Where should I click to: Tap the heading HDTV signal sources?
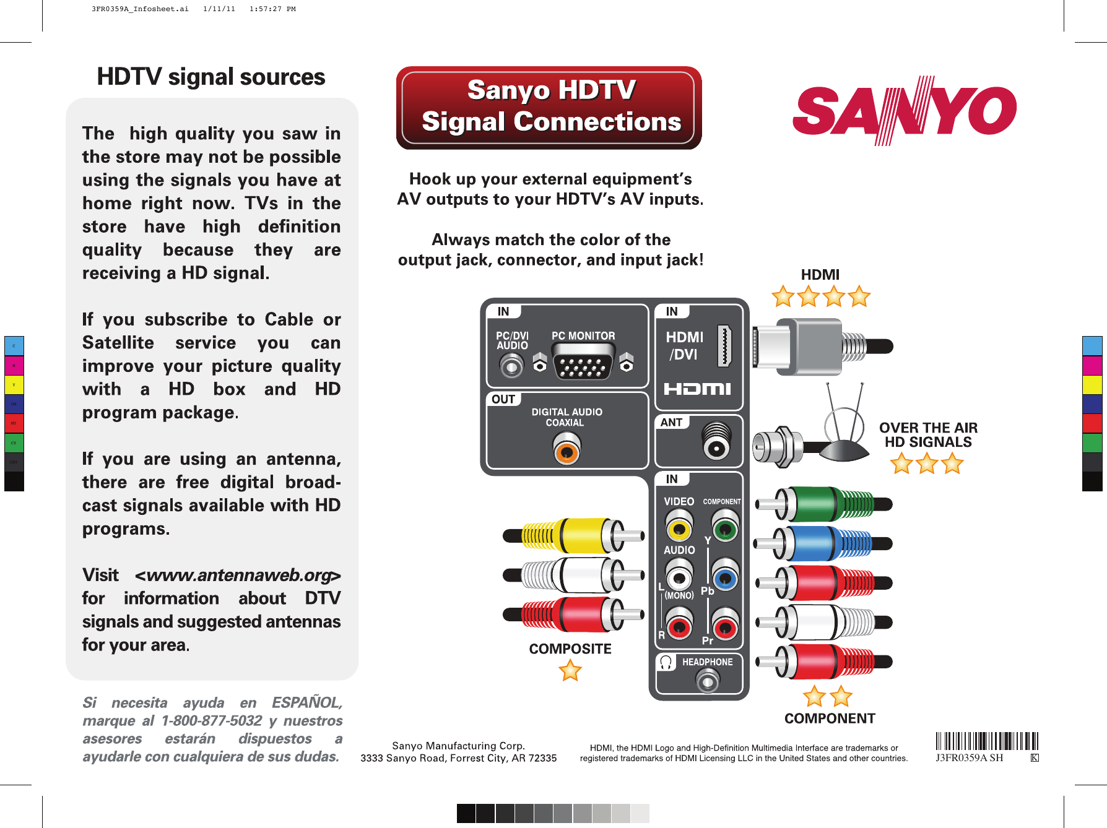pyautogui.click(x=211, y=77)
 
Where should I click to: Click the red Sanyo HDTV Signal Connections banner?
pyautogui.click(x=549, y=108)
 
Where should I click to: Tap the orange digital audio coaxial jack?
pyautogui.click(x=566, y=451)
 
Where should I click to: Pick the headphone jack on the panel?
pyautogui.click(x=707, y=681)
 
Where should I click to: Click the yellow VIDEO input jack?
pyautogui.click(x=679, y=529)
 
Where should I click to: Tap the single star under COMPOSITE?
pyautogui.click(x=570, y=670)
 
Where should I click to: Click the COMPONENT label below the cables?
pyautogui.click(x=830, y=718)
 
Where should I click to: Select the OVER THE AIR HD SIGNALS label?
pyautogui.click(x=928, y=435)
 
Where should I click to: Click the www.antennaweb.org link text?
pyautogui.click(x=238, y=575)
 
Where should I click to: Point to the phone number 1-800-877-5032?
pyautogui.click(x=212, y=721)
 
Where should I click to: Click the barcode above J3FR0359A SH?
pyautogui.click(x=986, y=741)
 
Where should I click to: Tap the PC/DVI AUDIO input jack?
pyautogui.click(x=511, y=367)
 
